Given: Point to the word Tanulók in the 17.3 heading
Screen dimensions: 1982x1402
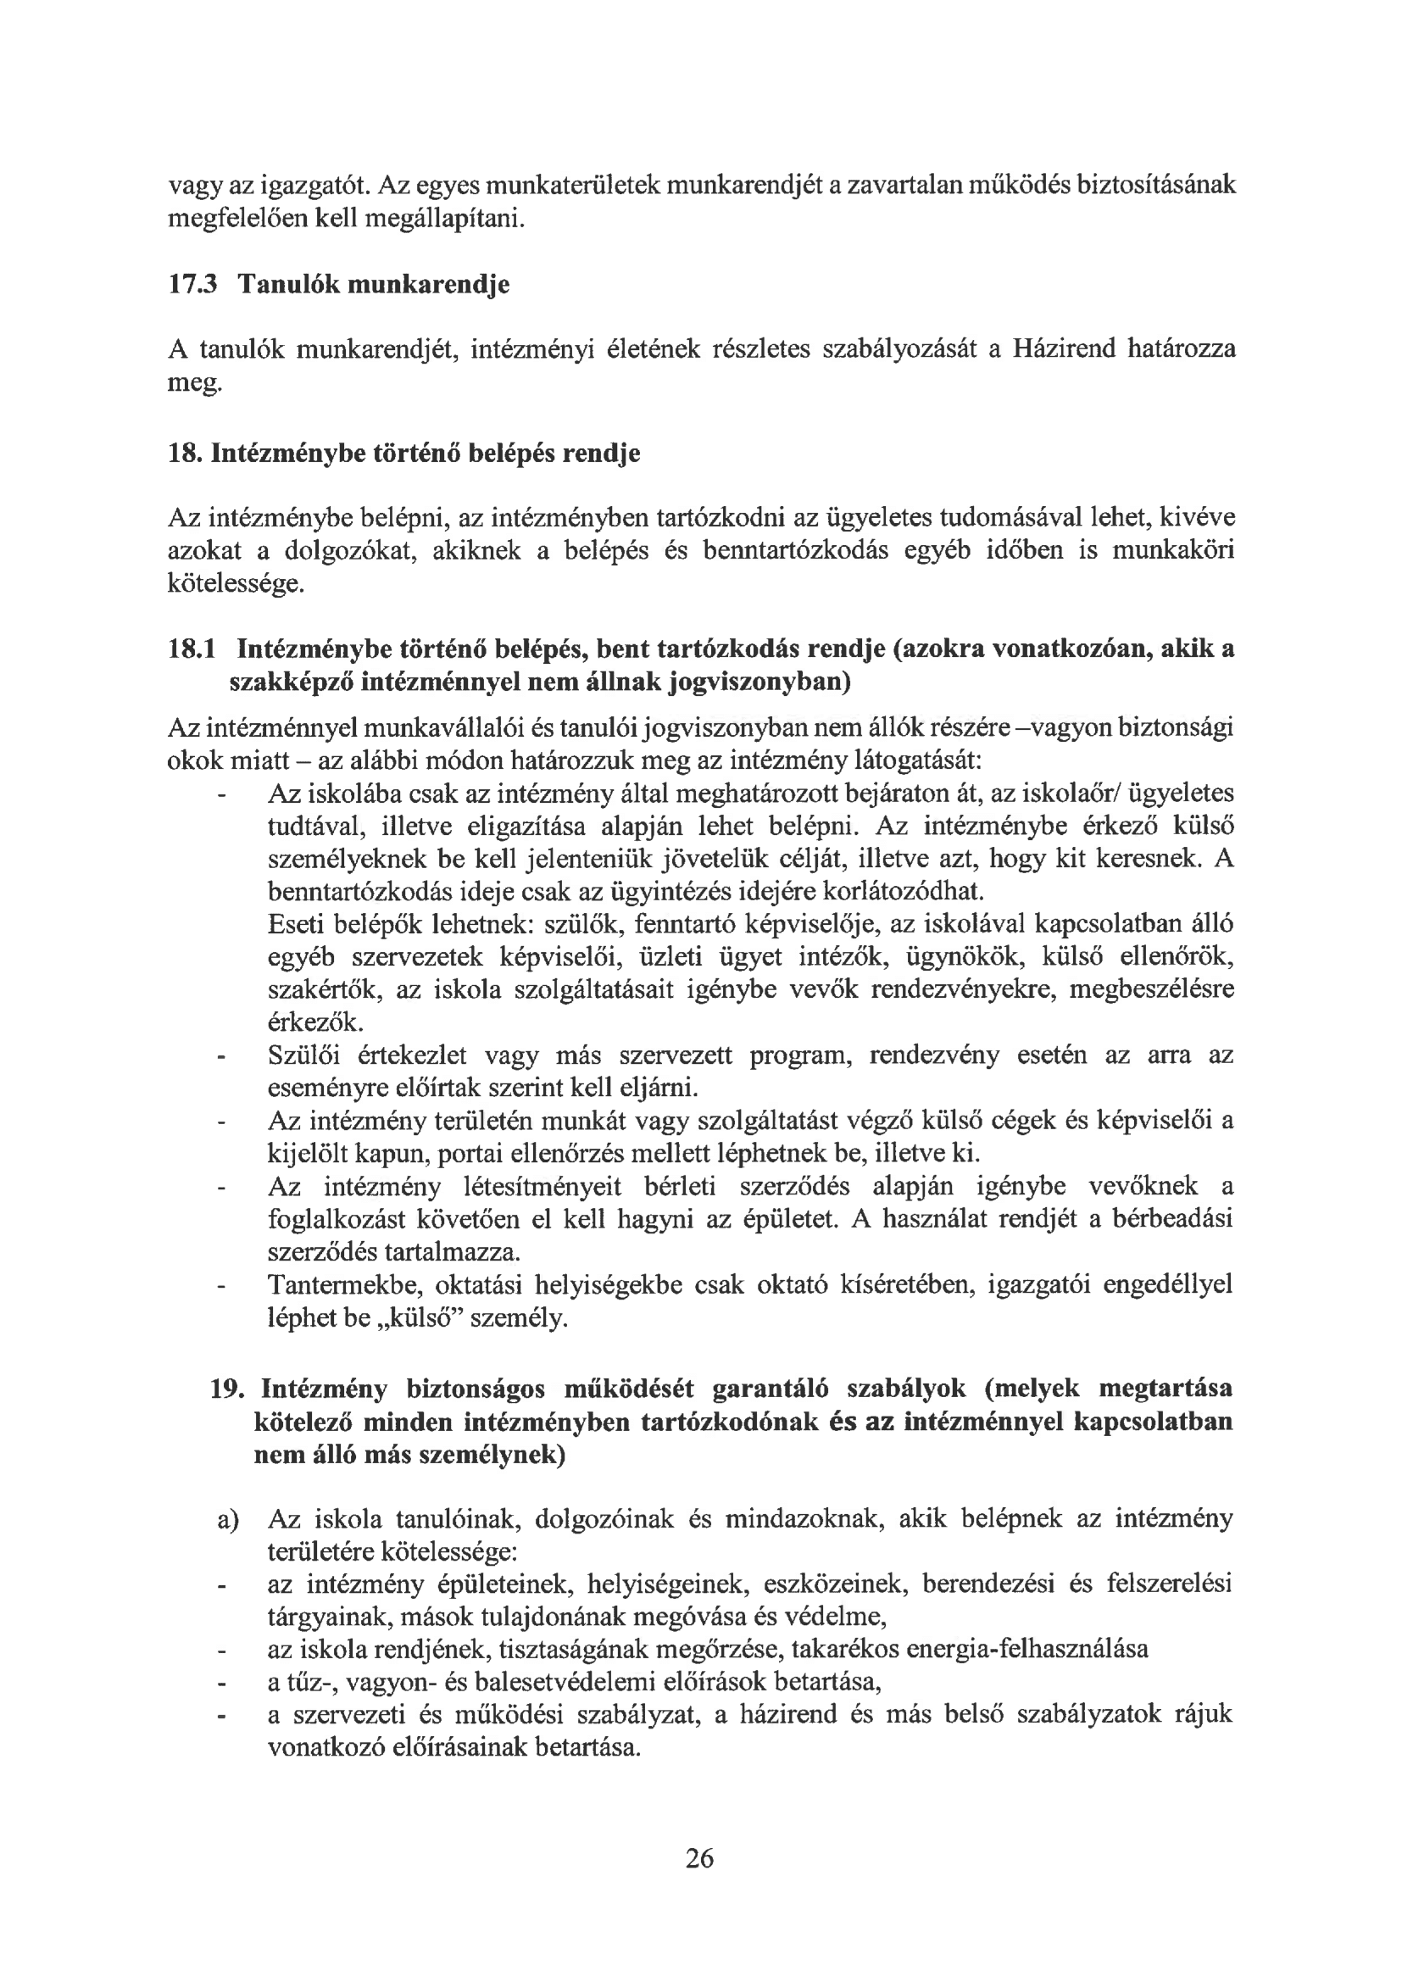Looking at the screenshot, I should (287, 284).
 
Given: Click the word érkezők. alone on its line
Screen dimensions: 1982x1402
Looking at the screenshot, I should (317, 1024).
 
